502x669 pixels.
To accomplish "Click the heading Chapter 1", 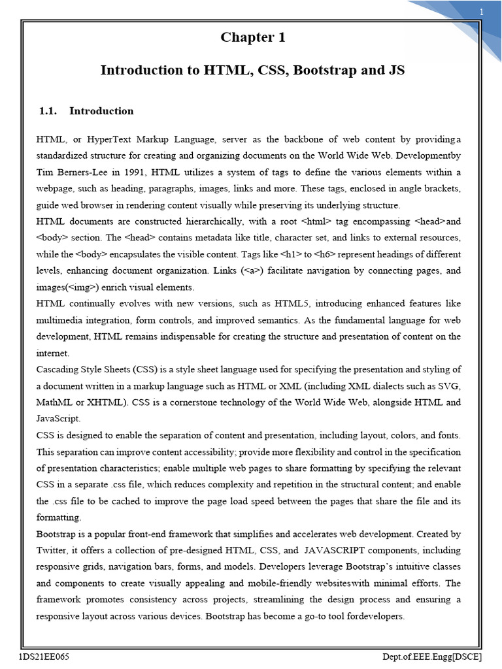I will pos(252,37).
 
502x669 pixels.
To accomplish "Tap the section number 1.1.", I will pos(49,111).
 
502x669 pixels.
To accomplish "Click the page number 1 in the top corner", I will pos(481,12).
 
